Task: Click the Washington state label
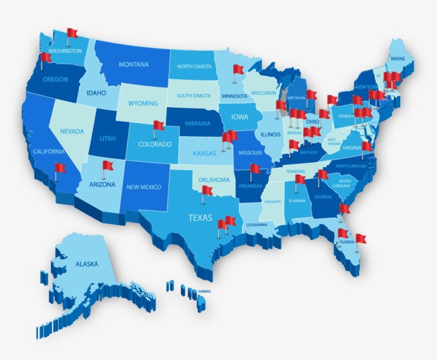[x=65, y=51]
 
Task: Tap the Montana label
[x=134, y=64]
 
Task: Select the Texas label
[x=200, y=217]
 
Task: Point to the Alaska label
[x=86, y=264]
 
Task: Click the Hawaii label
[x=205, y=291]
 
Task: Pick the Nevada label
[x=71, y=131]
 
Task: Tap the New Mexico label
[x=144, y=187]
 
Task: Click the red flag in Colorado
[x=158, y=126]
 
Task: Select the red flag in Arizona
[x=108, y=166]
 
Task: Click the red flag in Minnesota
[x=238, y=70]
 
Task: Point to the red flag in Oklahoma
[x=207, y=190]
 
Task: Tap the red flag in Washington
[x=72, y=33]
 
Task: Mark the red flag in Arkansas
[x=255, y=169]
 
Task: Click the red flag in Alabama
[x=301, y=179]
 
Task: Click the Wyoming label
[x=143, y=103]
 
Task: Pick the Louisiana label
[x=256, y=225]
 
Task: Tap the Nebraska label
[x=198, y=123]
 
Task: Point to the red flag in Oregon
[x=46, y=57]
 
